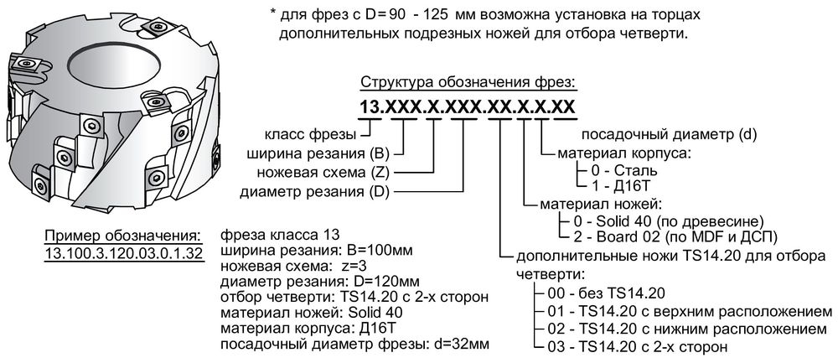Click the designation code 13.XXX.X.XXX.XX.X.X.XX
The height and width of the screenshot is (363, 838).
coord(466,107)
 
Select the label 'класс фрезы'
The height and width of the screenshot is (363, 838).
coord(311,134)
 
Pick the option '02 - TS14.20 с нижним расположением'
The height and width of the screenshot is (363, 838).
coord(670,327)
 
